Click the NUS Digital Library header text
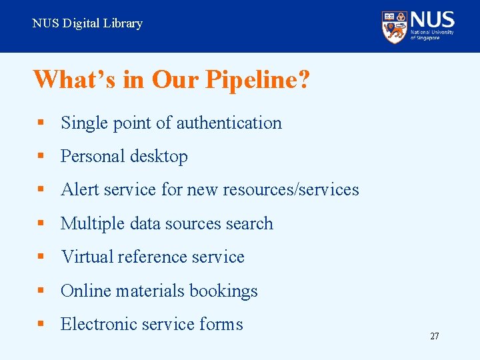click(87, 24)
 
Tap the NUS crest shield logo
click(395, 27)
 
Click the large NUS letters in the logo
click(433, 19)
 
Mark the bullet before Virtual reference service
click(41, 257)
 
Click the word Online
click(85, 291)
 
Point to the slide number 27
click(434, 337)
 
